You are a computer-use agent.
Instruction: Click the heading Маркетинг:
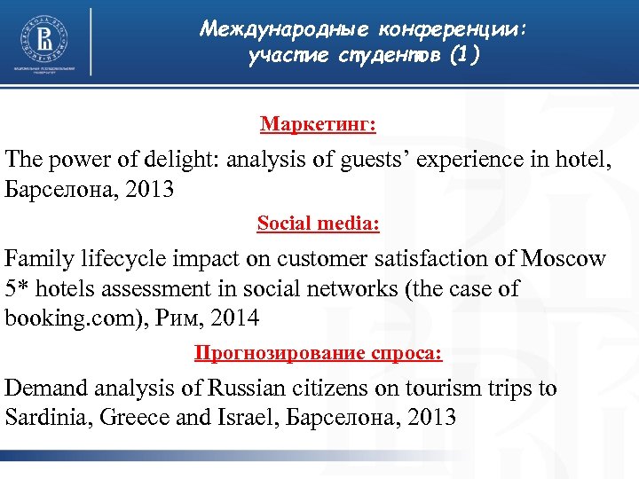point(318,123)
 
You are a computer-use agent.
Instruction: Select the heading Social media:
point(318,224)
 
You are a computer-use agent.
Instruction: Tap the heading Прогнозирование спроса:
point(318,354)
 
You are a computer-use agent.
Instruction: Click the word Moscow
point(564,260)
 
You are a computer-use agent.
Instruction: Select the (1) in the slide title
point(464,56)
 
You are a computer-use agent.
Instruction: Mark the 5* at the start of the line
point(17,289)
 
